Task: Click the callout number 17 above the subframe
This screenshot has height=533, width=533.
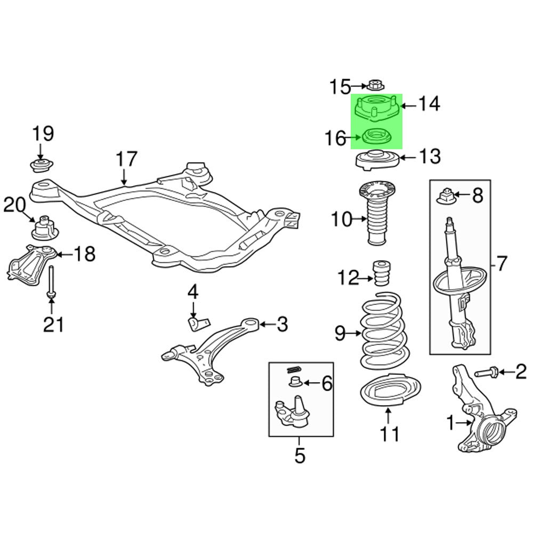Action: click(x=126, y=159)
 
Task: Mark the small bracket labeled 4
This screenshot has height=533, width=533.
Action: click(x=198, y=323)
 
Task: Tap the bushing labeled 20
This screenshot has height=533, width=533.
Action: click(x=44, y=228)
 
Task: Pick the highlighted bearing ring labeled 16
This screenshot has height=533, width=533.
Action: click(x=377, y=137)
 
